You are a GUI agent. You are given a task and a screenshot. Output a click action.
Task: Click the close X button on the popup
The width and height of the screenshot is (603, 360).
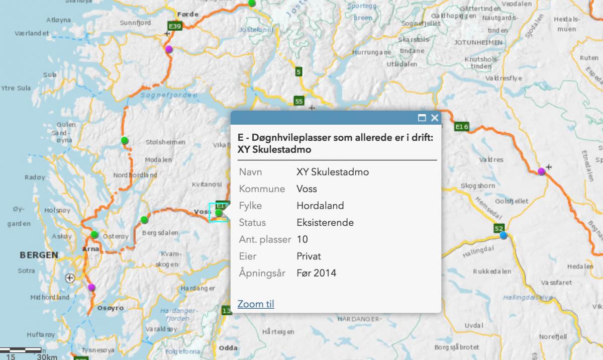[x=435, y=118]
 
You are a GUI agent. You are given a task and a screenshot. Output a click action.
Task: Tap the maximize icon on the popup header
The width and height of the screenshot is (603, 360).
[x=422, y=118]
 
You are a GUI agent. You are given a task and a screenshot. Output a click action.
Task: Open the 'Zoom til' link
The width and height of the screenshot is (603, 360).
[x=256, y=304]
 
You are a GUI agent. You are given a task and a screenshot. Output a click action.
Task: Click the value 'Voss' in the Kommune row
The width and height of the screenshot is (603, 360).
[x=307, y=189]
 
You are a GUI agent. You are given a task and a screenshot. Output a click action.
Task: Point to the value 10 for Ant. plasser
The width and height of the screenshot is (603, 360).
[x=303, y=239]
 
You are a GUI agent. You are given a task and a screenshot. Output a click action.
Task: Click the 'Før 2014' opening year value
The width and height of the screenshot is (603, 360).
[x=317, y=273]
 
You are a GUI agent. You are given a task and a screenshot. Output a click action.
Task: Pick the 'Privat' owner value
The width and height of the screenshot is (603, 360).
[x=309, y=256]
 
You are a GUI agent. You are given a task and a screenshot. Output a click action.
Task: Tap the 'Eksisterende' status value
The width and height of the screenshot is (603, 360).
[x=325, y=223]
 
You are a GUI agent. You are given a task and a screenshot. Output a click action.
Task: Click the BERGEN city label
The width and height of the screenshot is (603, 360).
[x=39, y=255]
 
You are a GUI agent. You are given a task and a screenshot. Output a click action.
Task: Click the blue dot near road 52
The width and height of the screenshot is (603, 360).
[x=502, y=235]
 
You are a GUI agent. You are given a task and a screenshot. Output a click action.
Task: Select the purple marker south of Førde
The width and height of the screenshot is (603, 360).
[x=169, y=49]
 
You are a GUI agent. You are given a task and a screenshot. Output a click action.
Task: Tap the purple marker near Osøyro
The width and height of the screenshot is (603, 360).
[x=91, y=287]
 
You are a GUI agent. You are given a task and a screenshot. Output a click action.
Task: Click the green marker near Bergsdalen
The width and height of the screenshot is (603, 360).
[x=144, y=219]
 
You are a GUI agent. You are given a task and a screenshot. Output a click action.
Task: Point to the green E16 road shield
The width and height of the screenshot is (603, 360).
[x=461, y=127]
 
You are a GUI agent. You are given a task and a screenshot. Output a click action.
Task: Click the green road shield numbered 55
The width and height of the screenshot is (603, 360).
[x=299, y=102]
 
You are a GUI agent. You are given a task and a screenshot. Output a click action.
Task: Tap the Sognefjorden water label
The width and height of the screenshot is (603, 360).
[x=160, y=94]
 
